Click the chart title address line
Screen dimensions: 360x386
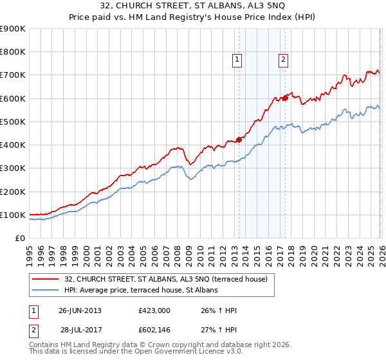point(193,6)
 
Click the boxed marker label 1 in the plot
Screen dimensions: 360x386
point(237,60)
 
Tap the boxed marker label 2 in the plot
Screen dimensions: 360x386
point(283,60)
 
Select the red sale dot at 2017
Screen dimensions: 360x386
point(285,98)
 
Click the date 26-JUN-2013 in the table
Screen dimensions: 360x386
point(80,310)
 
